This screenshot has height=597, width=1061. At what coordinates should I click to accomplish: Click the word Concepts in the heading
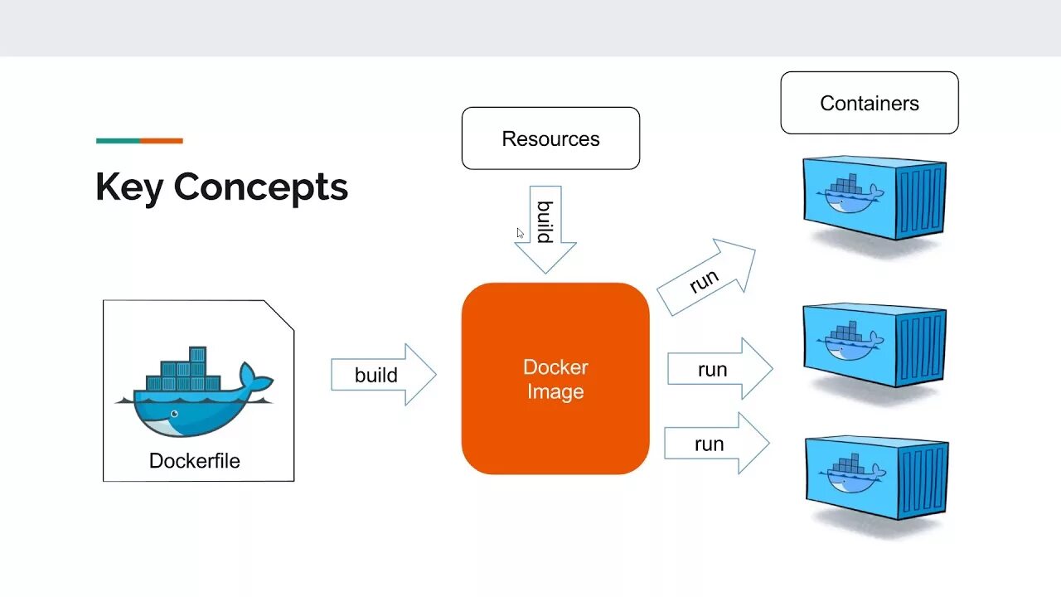point(261,187)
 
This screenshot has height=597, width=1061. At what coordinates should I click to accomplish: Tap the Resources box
point(550,138)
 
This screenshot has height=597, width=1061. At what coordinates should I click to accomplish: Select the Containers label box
point(870,103)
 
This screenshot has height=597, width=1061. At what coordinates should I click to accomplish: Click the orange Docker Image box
point(555,379)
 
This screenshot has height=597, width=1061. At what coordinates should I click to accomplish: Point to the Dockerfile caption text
point(195,461)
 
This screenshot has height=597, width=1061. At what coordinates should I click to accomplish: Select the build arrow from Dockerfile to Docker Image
point(383,375)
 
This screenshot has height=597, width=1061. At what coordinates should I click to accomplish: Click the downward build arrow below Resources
point(545,228)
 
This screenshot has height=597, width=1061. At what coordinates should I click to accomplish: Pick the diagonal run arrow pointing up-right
point(707,278)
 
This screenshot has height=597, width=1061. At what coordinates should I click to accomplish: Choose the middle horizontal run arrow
point(719,369)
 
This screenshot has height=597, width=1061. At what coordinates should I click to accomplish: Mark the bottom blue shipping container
point(875,478)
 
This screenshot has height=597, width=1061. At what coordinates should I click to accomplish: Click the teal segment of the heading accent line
point(118,141)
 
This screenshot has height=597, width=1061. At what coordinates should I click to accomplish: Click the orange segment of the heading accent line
point(161,141)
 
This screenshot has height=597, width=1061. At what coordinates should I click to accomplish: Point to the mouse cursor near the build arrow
point(521,234)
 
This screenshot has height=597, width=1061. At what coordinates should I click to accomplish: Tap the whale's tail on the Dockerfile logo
point(254,379)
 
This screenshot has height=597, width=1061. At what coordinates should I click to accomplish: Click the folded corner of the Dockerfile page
point(280,314)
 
